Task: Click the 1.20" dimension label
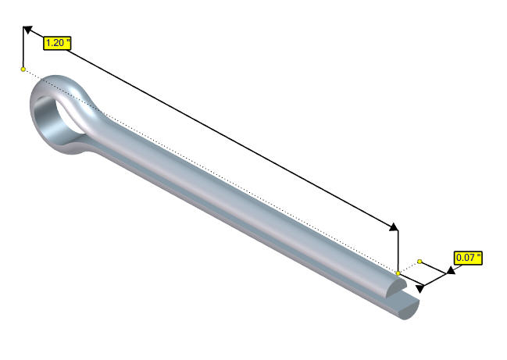57,43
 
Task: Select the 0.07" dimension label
468,258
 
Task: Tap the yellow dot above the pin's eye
23,70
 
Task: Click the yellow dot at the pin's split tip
398,273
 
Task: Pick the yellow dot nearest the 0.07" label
420,261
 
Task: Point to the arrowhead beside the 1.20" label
28,30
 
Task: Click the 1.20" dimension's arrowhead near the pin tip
394,227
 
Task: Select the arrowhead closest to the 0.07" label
451,270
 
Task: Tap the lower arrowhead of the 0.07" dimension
420,288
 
